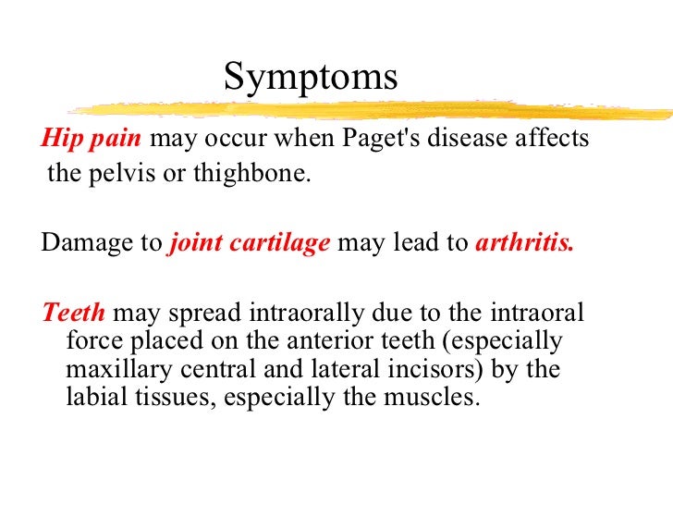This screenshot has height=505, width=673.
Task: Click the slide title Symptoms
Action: pos(311,78)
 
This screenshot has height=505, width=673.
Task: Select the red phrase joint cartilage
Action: pos(250,244)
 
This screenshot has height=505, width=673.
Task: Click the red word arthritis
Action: pos(524,244)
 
